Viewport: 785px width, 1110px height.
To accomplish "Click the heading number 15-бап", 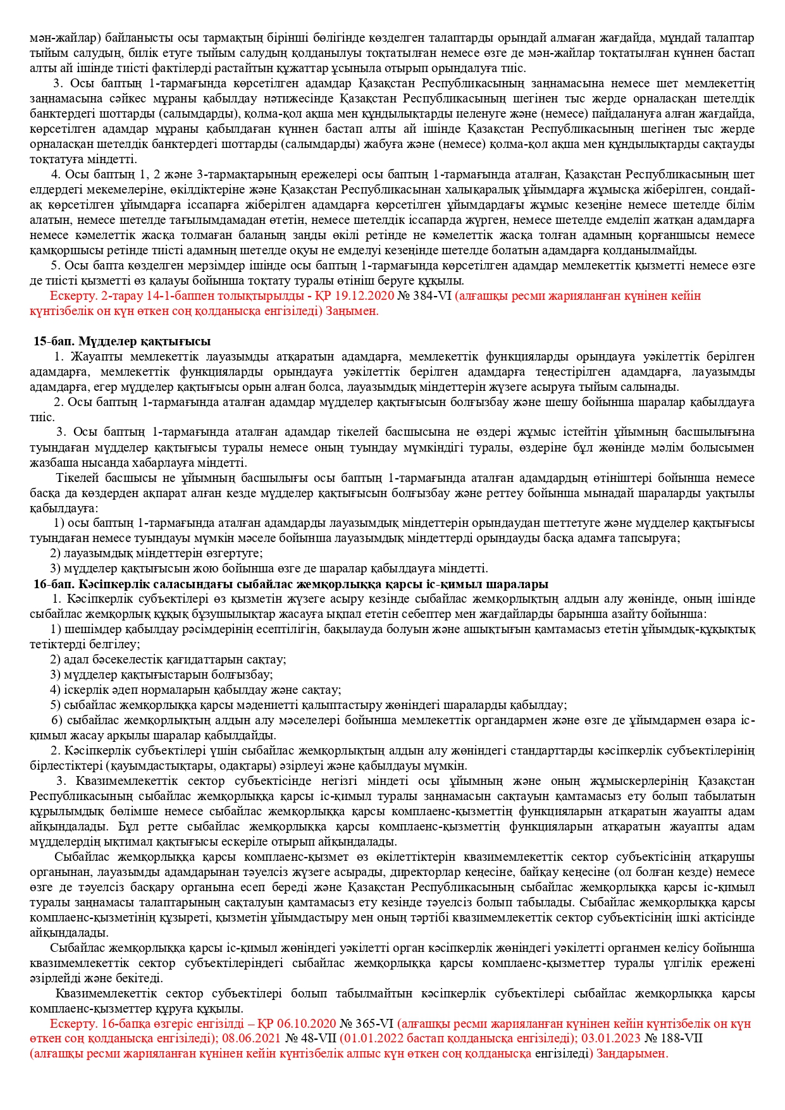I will [x=49, y=342].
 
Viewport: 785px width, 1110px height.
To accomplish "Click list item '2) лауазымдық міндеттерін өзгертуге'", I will [x=156, y=553].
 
